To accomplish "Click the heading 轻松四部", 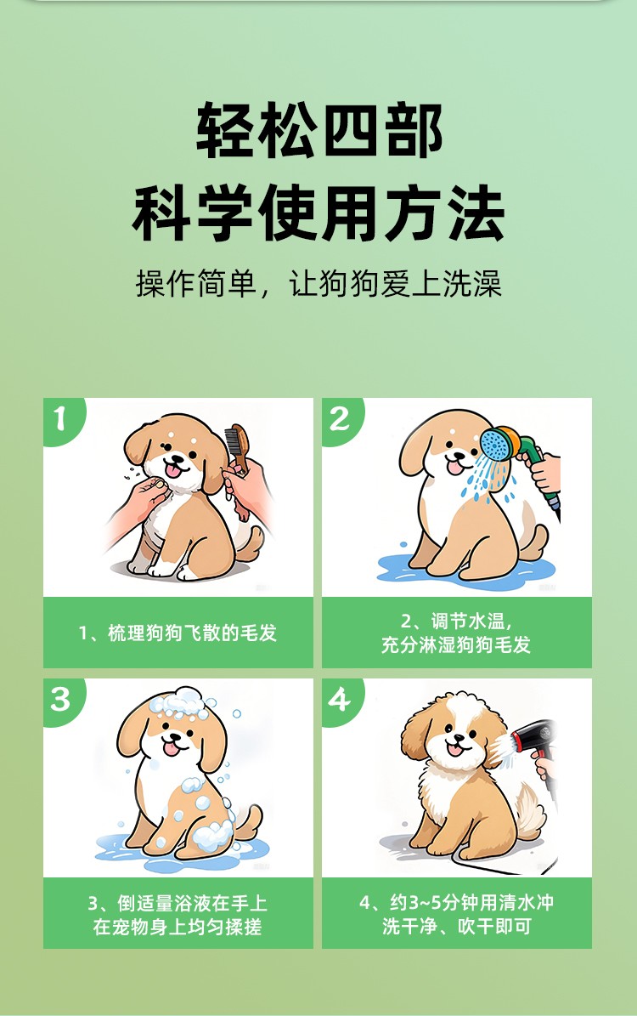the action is click(x=319, y=130).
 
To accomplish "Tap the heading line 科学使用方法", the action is click(x=318, y=213).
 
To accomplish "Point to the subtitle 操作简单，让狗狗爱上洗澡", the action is click(x=318, y=284).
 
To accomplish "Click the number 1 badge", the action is click(x=61, y=418).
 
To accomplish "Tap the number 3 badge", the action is click(x=61, y=699).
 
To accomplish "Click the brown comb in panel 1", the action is click(x=237, y=447).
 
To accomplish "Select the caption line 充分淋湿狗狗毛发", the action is click(x=456, y=644).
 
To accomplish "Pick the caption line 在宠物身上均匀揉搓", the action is click(x=178, y=927).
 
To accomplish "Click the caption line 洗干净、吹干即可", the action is click(x=456, y=926).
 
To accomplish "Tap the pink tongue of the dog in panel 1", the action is click(x=173, y=470).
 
